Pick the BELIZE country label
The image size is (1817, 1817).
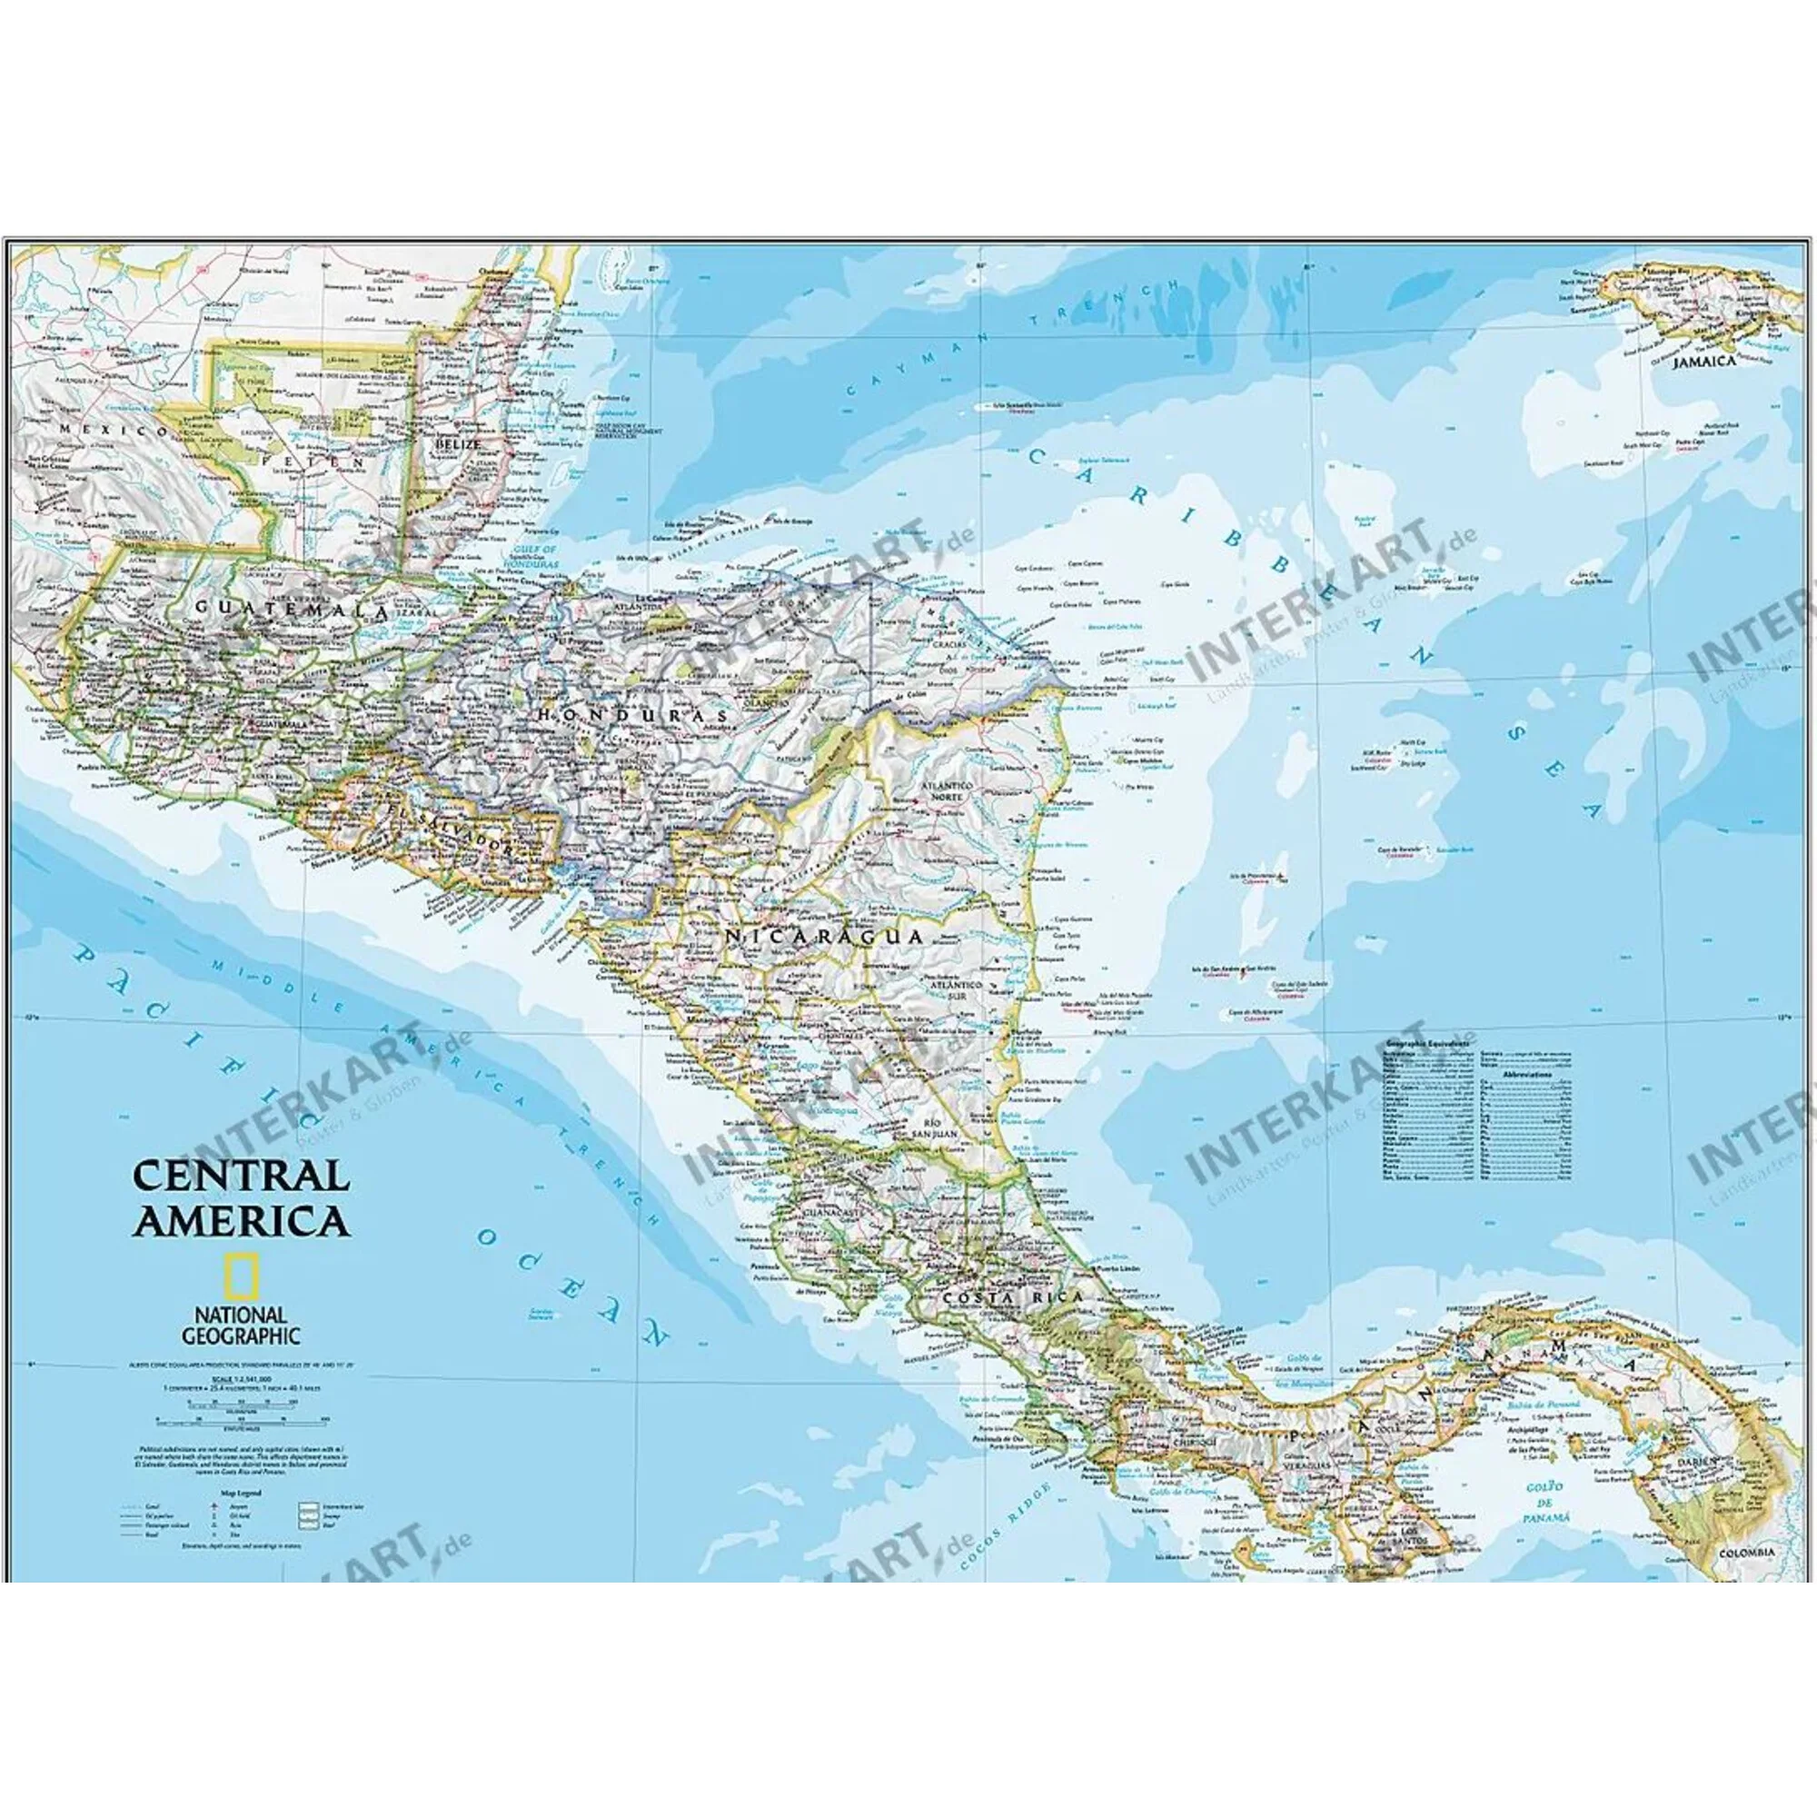pos(458,442)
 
